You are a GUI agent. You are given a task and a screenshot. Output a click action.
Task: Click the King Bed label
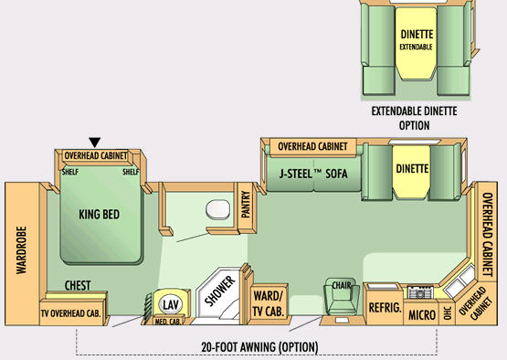(x=99, y=214)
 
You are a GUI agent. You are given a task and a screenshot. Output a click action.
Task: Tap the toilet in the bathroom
(x=218, y=209)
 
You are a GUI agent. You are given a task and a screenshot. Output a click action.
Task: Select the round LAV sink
(x=171, y=304)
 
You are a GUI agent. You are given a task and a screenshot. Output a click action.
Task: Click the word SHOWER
(x=220, y=291)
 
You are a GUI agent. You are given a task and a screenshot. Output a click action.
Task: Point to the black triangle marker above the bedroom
(x=95, y=143)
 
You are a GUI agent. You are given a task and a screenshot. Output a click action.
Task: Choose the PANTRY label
(x=246, y=205)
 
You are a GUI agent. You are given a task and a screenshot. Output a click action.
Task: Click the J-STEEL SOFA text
(x=313, y=174)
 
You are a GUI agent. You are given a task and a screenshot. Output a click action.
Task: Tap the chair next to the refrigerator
(x=342, y=297)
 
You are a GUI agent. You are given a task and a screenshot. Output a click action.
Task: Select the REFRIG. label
(x=385, y=308)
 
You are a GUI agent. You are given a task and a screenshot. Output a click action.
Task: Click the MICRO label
(x=422, y=314)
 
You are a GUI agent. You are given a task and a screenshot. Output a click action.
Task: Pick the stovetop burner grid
(x=419, y=292)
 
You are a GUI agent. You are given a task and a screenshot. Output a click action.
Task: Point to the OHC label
(x=448, y=312)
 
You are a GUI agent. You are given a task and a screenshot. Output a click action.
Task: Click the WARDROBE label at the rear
(x=21, y=250)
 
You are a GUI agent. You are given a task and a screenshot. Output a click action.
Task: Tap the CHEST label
(x=78, y=286)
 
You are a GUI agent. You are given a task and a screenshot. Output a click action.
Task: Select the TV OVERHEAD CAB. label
(x=71, y=313)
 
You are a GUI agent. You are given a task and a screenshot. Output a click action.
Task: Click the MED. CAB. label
(x=167, y=322)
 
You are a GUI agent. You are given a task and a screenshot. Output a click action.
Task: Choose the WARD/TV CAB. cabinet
(x=268, y=303)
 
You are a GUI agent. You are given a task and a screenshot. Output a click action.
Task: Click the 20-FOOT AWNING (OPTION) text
(x=259, y=347)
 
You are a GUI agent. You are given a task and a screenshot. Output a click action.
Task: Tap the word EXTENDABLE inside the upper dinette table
(x=416, y=47)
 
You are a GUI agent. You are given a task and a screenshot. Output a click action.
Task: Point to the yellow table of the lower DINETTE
(x=412, y=172)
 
